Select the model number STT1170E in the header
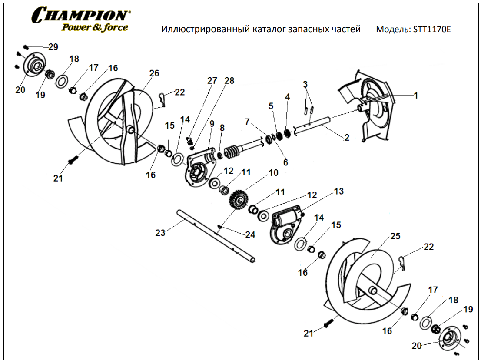[432, 30]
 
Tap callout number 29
[53, 47]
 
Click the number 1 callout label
[416, 95]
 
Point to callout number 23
[160, 233]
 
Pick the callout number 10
[273, 173]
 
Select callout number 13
[338, 191]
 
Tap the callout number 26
[154, 73]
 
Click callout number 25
[395, 237]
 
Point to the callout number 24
[250, 235]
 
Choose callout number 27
[212, 81]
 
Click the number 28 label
[229, 81]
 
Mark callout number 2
[346, 138]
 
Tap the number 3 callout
[305, 83]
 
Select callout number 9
[212, 123]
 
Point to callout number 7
[247, 122]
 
